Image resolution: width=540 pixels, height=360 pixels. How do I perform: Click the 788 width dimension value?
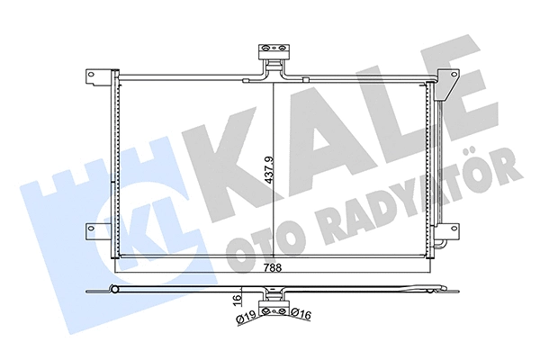click(273, 268)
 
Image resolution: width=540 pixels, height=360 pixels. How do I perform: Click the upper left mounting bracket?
click(99, 75)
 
